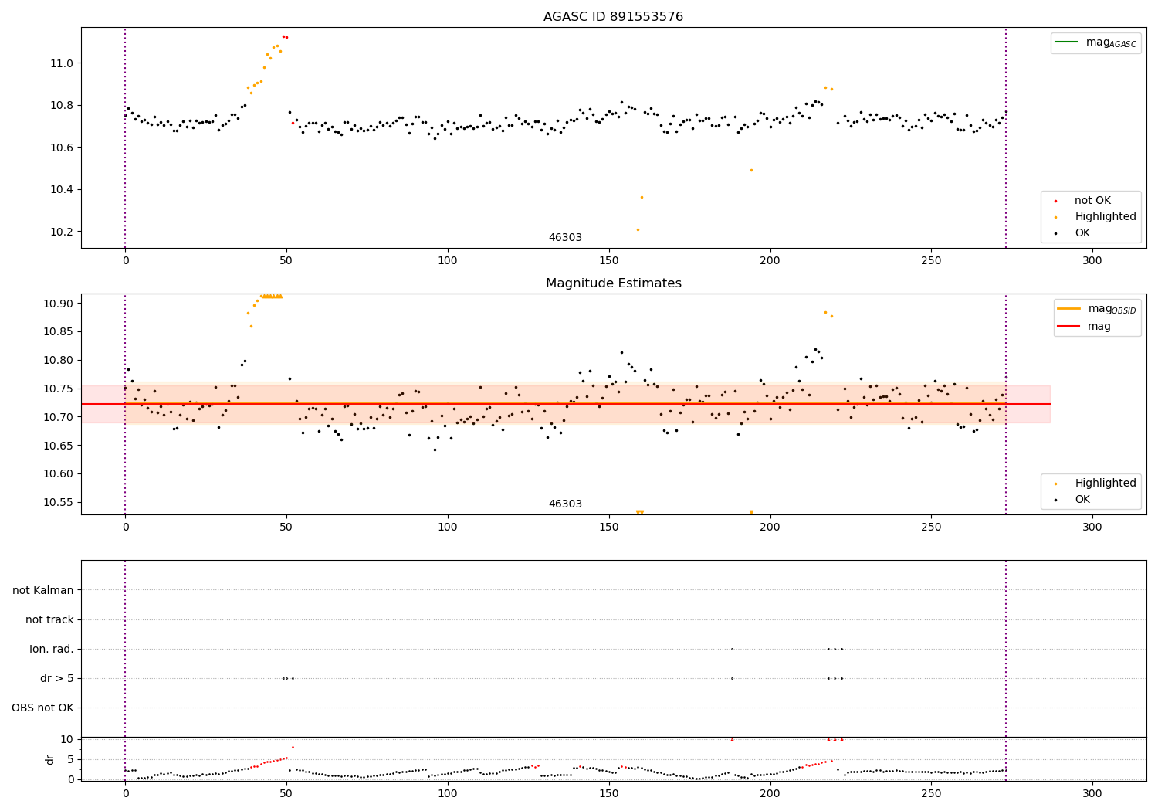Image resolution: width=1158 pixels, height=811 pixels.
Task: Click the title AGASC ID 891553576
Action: coord(613,17)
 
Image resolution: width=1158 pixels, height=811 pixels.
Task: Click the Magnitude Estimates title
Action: coord(613,283)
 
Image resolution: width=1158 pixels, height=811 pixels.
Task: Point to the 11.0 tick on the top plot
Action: coord(63,63)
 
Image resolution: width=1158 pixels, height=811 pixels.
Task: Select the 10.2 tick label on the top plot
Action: coord(63,232)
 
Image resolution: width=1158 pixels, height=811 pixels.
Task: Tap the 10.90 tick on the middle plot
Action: coord(60,304)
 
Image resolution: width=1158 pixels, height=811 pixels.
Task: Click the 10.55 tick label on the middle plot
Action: coord(60,502)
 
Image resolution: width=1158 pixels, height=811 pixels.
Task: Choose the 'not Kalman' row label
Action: coord(43,590)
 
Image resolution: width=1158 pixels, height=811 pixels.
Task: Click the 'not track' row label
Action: coord(49,619)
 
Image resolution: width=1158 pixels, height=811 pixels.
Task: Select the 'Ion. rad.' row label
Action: coord(52,649)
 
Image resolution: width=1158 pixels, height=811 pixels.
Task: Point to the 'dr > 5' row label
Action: coord(57,678)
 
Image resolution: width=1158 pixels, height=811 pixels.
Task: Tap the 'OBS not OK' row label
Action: coord(42,708)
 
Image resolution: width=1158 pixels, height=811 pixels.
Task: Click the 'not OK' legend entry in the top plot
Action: coord(1092,201)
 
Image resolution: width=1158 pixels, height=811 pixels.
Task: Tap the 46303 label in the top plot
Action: coord(565,238)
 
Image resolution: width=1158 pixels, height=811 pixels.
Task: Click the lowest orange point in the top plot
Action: coord(638,229)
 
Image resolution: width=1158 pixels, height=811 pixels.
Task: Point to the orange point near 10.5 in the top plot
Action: coord(751,170)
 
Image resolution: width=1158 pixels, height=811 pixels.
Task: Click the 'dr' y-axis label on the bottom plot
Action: coord(50,759)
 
